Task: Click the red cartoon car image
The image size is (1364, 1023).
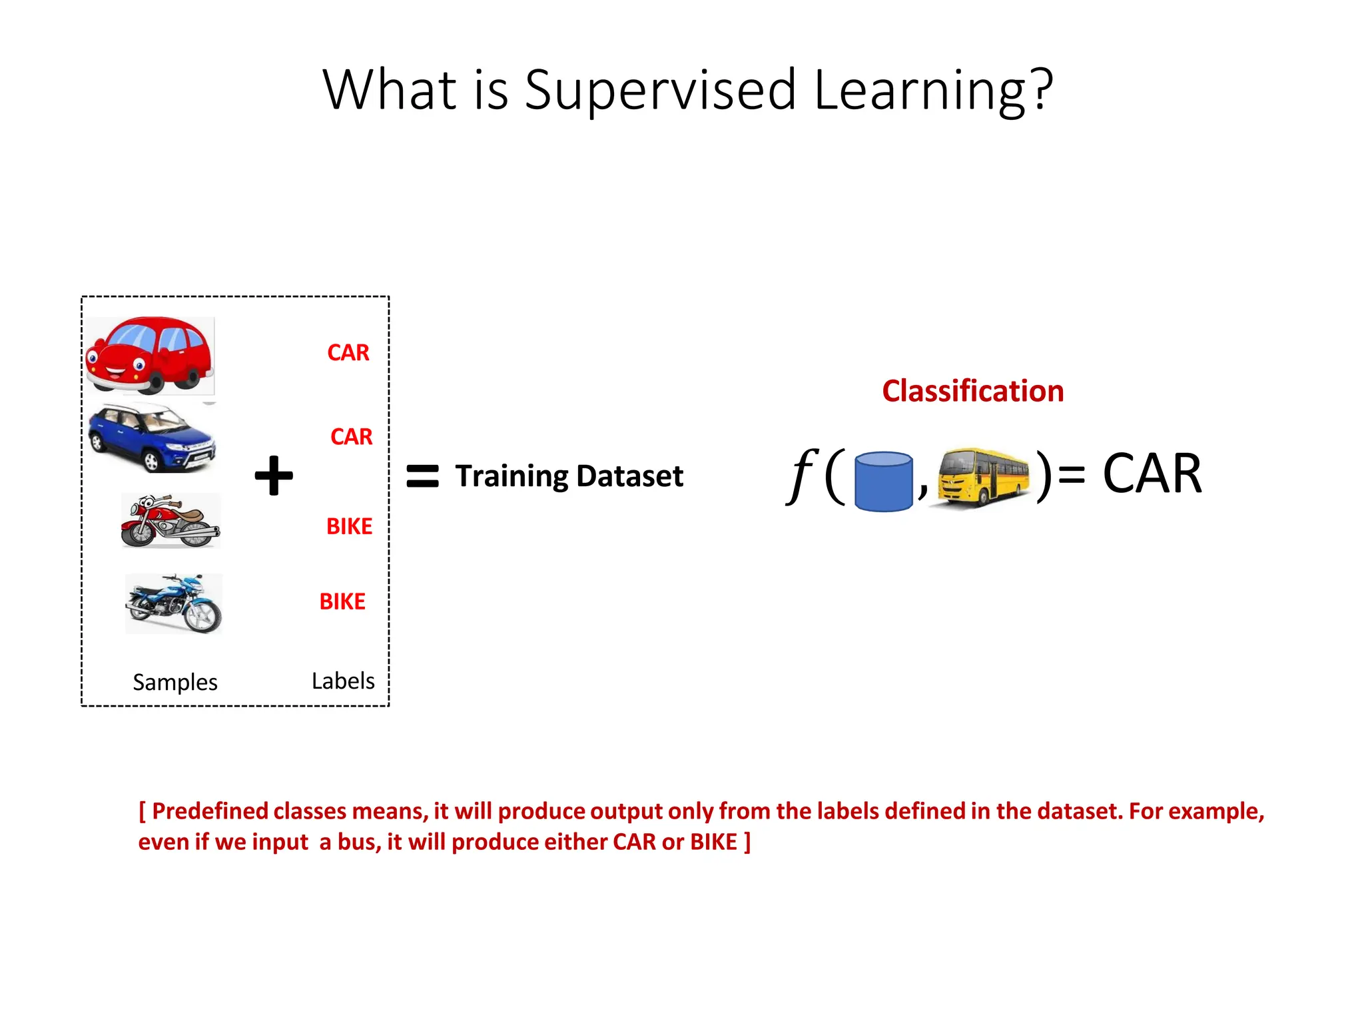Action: pos(149,355)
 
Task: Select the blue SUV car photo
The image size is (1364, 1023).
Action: pos(153,438)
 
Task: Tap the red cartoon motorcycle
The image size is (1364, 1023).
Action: pos(170,521)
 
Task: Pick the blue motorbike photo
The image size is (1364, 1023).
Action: pos(174,603)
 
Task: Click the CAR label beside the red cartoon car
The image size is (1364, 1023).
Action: pos(348,352)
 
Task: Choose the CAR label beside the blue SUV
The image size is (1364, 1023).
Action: pos(351,436)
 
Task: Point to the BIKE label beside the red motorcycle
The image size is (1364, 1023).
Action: pos(349,526)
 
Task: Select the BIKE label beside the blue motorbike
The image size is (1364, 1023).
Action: pos(342,601)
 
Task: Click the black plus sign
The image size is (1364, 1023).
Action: pos(274,476)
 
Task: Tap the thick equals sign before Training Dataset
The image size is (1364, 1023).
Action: pos(422,476)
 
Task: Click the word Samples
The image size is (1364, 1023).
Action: pos(175,682)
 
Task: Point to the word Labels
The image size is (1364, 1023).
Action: pos(343,681)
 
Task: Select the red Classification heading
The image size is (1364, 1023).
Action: pos(972,391)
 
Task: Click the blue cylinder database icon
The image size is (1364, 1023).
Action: pos(883,481)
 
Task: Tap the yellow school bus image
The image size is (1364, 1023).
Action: pos(982,477)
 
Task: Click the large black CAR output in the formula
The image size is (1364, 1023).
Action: pos(1152,474)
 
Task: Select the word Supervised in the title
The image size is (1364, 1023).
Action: pos(660,90)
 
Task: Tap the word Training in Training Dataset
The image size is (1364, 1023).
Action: pos(511,476)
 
